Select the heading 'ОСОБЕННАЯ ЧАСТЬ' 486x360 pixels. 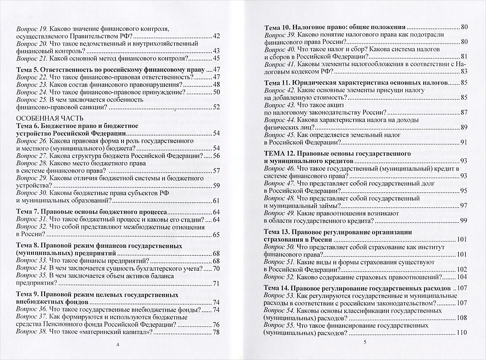(x=49, y=119)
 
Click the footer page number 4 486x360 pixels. (x=117, y=345)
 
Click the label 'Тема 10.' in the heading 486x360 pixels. (x=277, y=28)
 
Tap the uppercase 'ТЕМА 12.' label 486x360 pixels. (x=279, y=154)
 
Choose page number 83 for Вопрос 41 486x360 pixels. (x=464, y=71)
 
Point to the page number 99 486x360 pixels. (x=464, y=221)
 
